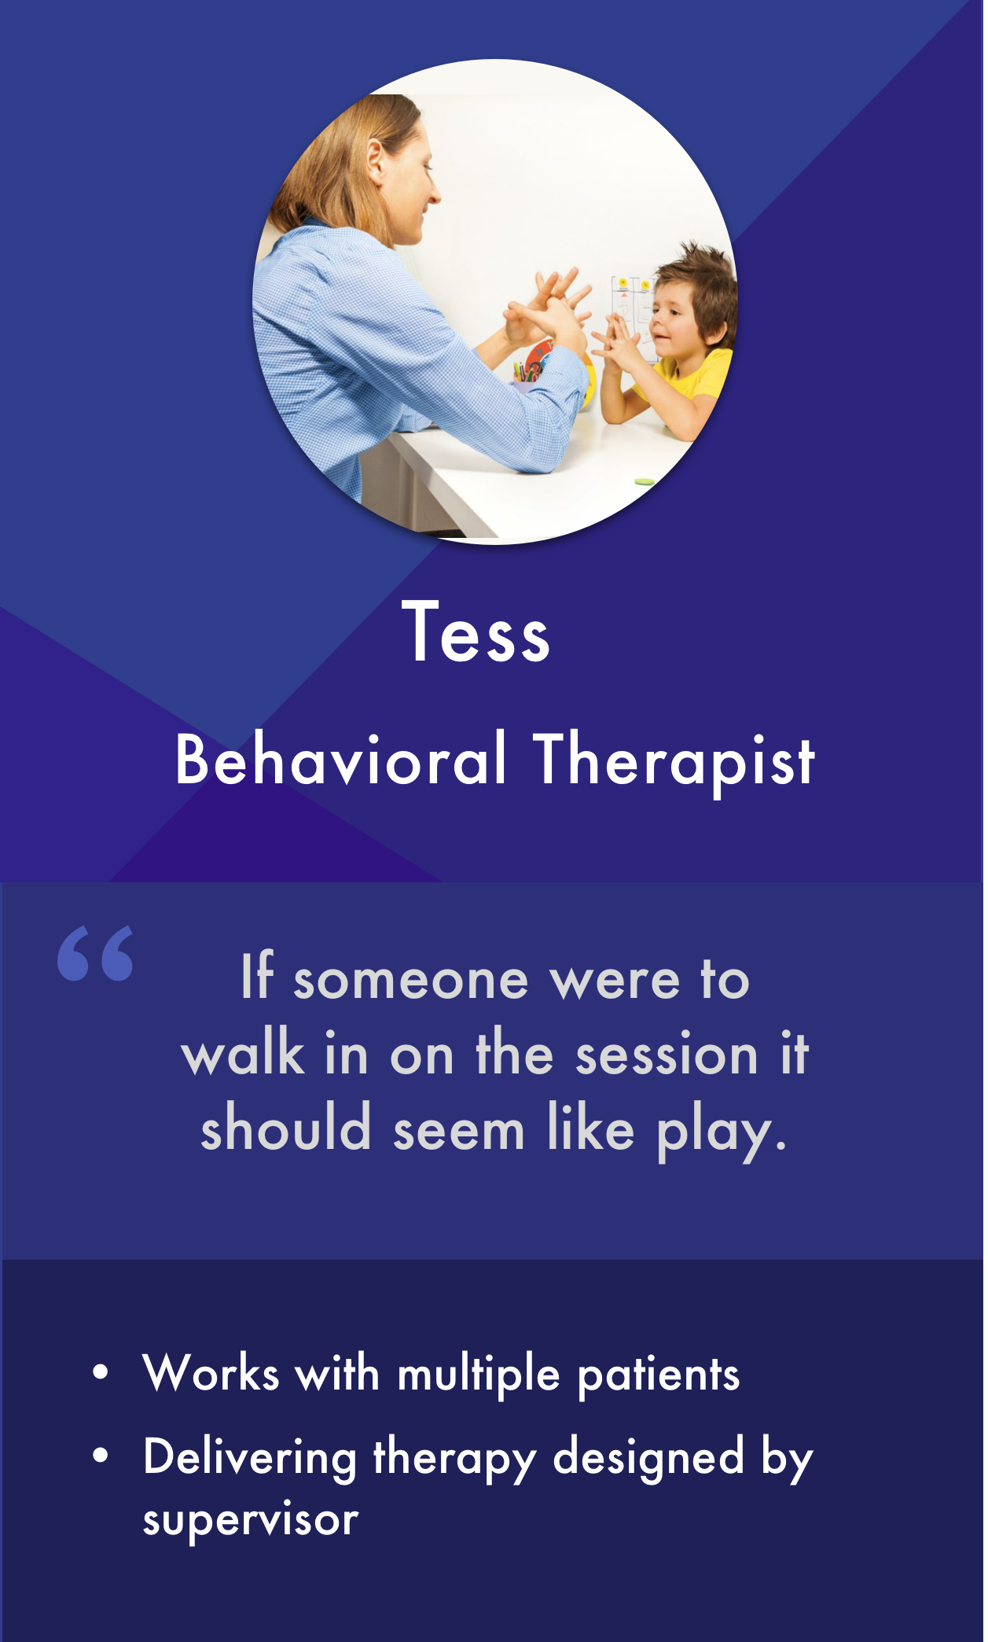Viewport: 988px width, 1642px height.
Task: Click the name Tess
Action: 476,631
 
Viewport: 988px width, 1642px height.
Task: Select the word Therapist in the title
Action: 674,762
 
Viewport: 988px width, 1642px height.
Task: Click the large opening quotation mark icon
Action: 95,953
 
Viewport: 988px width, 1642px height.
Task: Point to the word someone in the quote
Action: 410,981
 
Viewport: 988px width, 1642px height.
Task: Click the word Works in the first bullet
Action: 211,1373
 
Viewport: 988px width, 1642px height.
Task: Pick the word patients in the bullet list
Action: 659,1377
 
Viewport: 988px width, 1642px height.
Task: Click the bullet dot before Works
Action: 100,1374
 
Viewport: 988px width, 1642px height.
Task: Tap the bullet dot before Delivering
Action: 100,1457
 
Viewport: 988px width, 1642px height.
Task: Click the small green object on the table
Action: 644,480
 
